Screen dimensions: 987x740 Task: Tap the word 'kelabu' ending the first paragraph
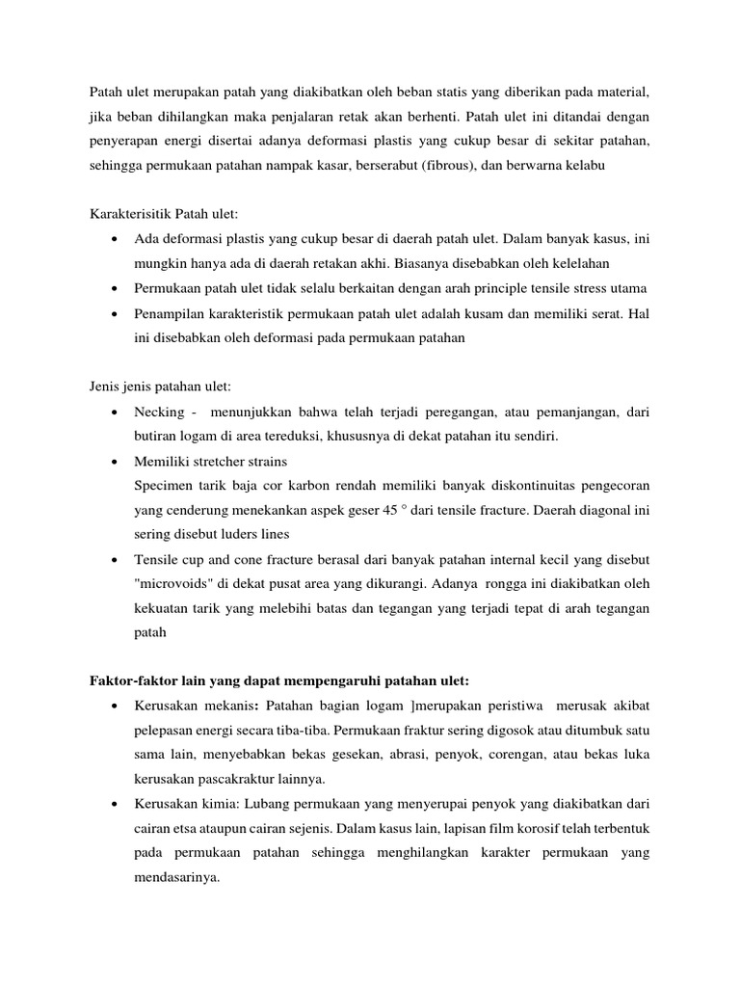tap(552, 167)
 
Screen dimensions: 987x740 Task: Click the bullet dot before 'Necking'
tap(116, 413)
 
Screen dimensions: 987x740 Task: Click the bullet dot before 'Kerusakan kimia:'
tap(116, 804)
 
